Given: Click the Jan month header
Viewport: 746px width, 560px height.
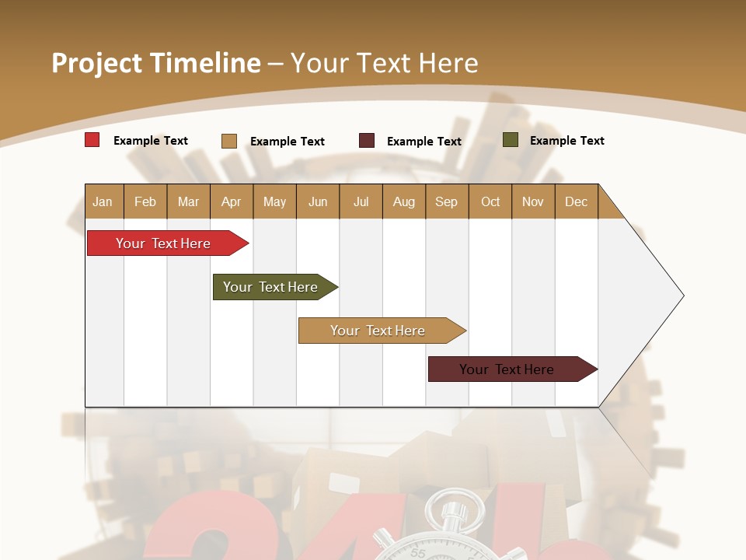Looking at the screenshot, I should (x=103, y=201).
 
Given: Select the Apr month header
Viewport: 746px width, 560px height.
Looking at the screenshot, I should (x=231, y=201).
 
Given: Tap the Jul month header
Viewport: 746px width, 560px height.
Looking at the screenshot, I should (x=361, y=201).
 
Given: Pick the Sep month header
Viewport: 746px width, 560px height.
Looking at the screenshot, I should (x=446, y=201).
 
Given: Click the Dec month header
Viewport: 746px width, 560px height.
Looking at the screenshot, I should (x=576, y=201).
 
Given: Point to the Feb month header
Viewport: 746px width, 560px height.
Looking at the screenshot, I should (x=145, y=201).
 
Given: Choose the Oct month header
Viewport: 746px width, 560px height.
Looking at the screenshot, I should (x=490, y=201).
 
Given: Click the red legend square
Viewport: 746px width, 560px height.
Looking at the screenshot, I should (x=92, y=140).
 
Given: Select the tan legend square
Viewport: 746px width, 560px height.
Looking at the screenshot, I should (x=229, y=141).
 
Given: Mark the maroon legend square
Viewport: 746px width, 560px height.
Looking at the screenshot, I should (x=367, y=141).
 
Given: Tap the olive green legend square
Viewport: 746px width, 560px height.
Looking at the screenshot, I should (x=511, y=140).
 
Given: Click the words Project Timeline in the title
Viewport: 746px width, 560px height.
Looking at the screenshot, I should (x=155, y=63).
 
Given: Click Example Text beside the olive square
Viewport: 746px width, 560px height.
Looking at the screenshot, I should (x=566, y=141).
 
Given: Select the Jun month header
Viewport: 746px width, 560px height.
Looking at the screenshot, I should (x=318, y=201).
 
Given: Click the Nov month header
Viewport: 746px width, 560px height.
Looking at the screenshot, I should (x=533, y=201).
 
